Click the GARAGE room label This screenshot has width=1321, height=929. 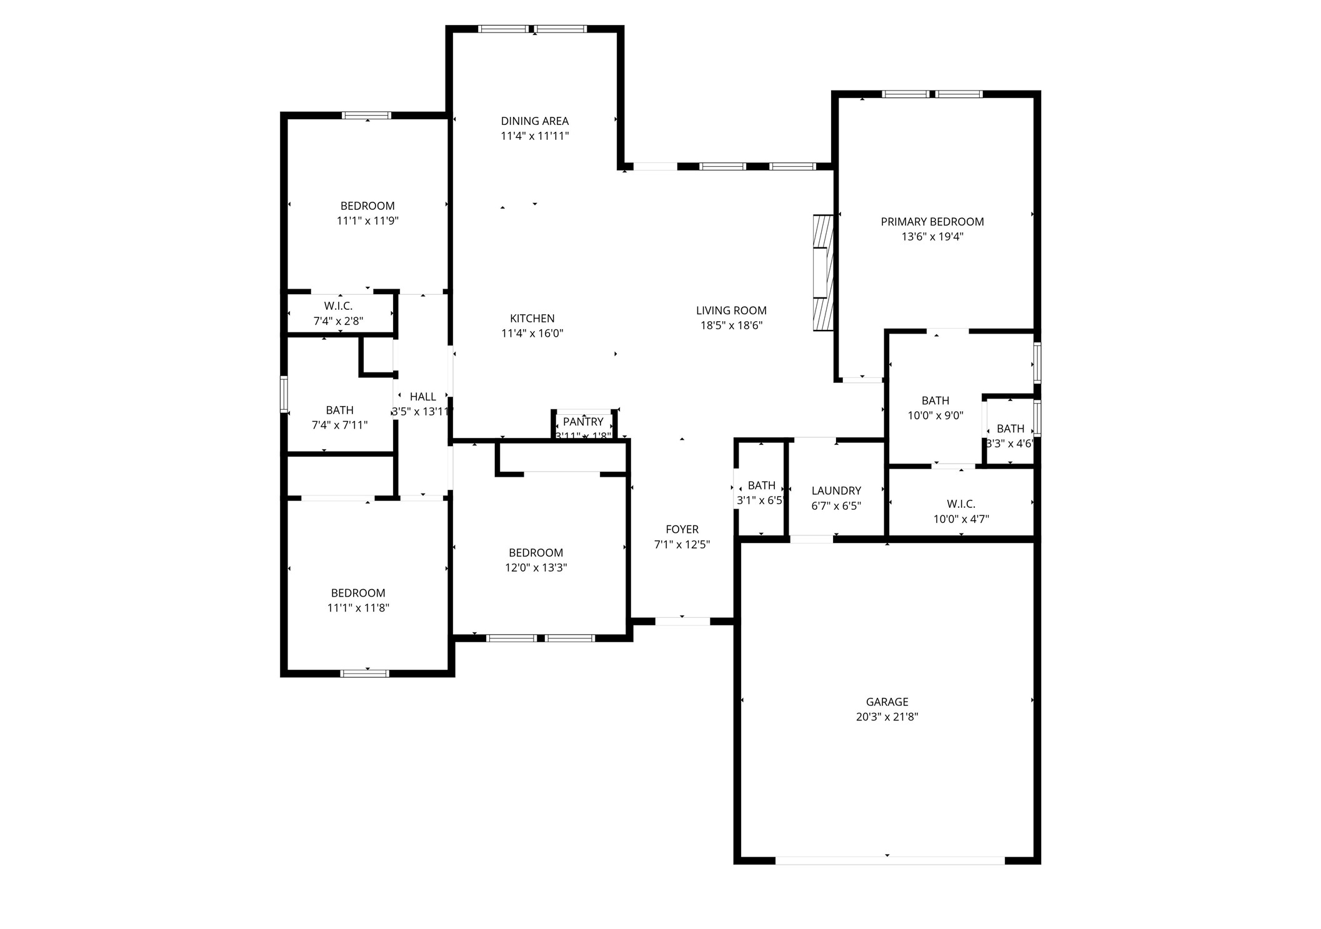(x=887, y=702)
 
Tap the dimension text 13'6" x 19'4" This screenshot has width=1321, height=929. (x=932, y=237)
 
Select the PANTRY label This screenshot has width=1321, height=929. (x=583, y=422)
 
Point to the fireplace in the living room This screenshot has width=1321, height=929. (x=823, y=273)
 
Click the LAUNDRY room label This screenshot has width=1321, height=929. (x=836, y=490)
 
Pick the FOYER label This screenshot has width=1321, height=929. (x=682, y=529)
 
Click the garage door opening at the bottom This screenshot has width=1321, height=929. (x=889, y=860)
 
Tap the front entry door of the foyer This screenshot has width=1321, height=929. (x=682, y=621)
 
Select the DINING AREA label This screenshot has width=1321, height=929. (x=535, y=121)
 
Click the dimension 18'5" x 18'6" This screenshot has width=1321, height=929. (x=731, y=325)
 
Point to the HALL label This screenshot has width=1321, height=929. (x=422, y=397)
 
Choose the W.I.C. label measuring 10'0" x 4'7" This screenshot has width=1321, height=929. (x=960, y=504)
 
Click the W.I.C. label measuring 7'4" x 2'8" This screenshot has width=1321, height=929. (x=338, y=306)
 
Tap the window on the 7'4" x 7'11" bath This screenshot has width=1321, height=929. (x=284, y=394)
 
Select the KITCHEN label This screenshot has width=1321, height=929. (x=532, y=319)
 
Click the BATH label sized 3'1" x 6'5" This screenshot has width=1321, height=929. (x=761, y=485)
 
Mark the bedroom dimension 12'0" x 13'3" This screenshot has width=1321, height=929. (x=536, y=568)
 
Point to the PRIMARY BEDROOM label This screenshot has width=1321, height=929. (x=932, y=222)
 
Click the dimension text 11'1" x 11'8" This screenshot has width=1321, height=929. (x=358, y=608)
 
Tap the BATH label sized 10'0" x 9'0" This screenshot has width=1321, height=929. (x=935, y=400)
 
